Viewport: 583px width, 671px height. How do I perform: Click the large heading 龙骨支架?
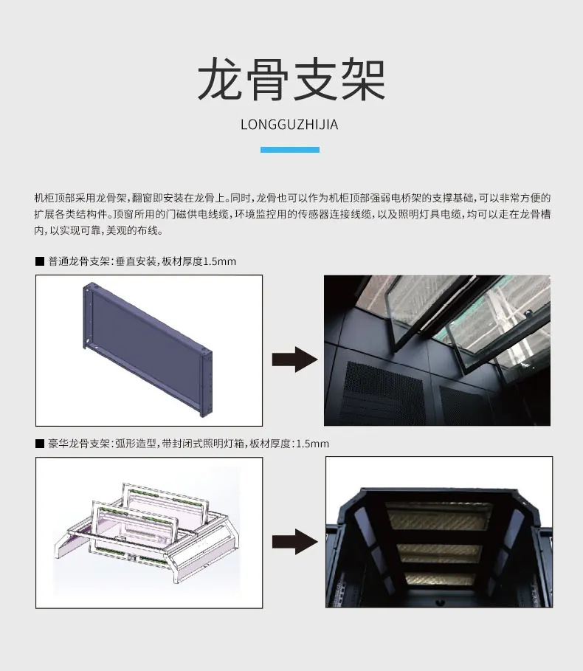pyautogui.click(x=291, y=80)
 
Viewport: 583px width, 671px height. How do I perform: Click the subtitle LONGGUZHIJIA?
pyautogui.click(x=289, y=124)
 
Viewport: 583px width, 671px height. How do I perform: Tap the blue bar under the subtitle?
pyautogui.click(x=290, y=150)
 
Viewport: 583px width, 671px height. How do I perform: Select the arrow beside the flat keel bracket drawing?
pyautogui.click(x=294, y=359)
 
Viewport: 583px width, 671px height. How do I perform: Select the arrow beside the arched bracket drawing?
pyautogui.click(x=294, y=541)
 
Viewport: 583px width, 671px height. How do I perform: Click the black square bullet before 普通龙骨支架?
pyautogui.click(x=40, y=261)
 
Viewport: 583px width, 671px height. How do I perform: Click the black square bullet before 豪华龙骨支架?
pyautogui.click(x=40, y=444)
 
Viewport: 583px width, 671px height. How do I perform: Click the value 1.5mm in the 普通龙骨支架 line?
pyautogui.click(x=219, y=261)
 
